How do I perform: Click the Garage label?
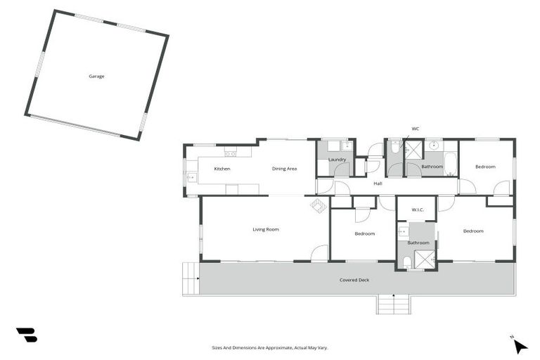[x=96, y=76]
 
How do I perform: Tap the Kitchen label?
[x=222, y=169]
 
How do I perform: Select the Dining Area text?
[x=285, y=169]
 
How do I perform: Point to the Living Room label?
[x=266, y=229]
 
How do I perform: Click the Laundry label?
[x=337, y=160]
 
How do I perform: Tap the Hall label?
[x=378, y=183]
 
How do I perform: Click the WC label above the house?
[x=416, y=129]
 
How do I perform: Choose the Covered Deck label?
[x=354, y=280]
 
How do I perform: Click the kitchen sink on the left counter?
[x=191, y=176]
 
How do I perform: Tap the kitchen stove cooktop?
[x=229, y=153]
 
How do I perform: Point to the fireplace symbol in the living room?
[x=319, y=205]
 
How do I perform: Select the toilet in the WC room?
[x=395, y=148]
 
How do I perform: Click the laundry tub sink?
[x=346, y=147]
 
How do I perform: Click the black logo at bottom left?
[x=27, y=335]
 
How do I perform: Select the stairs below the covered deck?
[x=394, y=304]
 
